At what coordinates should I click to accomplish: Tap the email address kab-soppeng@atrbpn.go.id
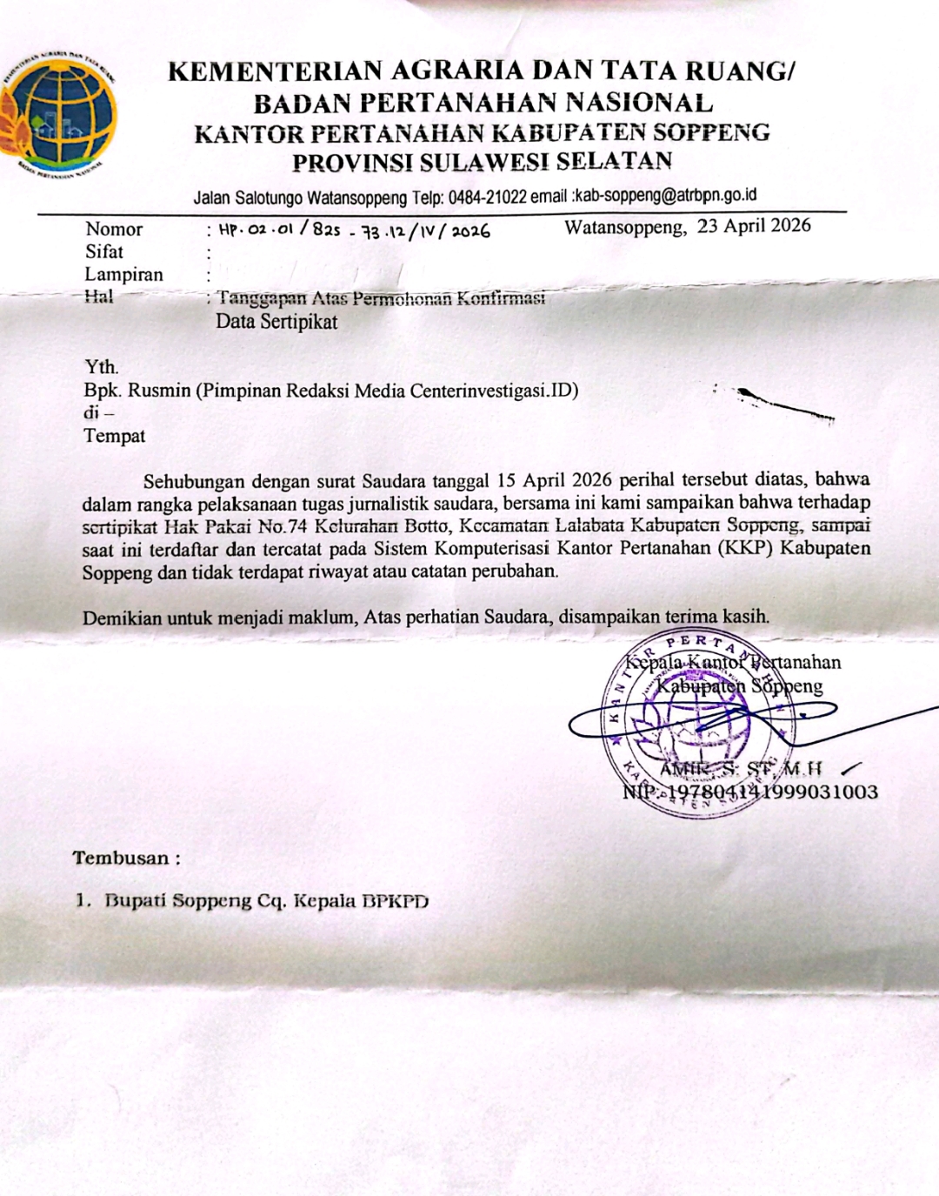click(x=666, y=196)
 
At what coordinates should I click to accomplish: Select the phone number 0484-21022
click(x=487, y=197)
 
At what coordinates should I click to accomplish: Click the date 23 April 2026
click(x=754, y=226)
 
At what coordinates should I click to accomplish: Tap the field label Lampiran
click(x=123, y=275)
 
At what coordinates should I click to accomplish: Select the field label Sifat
click(x=104, y=252)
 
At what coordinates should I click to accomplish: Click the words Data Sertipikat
click(x=276, y=322)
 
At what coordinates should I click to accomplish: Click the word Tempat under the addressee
click(x=114, y=436)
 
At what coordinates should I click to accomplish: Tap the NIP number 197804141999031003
click(x=770, y=792)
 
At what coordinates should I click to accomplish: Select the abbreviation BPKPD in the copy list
click(x=396, y=901)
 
